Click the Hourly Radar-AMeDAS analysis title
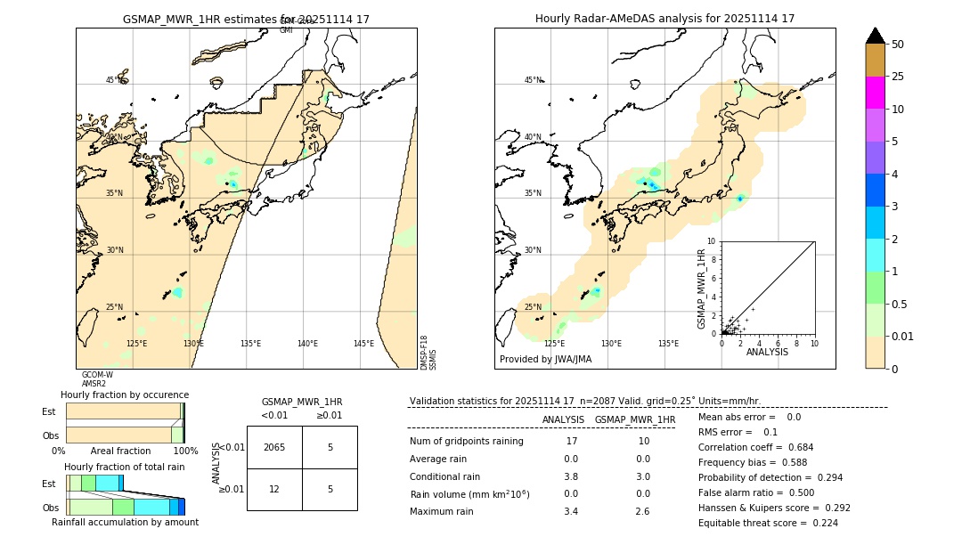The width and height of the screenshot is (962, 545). point(664,19)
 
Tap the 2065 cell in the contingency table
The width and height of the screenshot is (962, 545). point(274,447)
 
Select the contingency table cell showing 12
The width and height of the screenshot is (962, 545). point(274,489)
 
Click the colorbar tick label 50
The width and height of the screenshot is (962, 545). point(898,44)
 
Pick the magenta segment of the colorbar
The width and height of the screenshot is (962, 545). point(876,93)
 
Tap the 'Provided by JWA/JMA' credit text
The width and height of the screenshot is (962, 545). point(545,360)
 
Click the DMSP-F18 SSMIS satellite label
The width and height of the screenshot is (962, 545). point(428,353)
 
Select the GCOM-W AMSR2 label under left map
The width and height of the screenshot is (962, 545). point(97,379)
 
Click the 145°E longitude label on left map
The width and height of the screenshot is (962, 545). point(363,344)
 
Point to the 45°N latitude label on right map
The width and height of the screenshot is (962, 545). point(532,80)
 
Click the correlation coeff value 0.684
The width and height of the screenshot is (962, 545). point(794,447)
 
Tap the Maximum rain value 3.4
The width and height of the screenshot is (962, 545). point(571,511)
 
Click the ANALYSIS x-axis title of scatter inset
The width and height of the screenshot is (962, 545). point(767,352)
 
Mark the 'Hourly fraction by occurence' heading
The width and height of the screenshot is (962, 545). point(125,395)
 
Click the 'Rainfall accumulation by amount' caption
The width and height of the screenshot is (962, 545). point(125,523)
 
